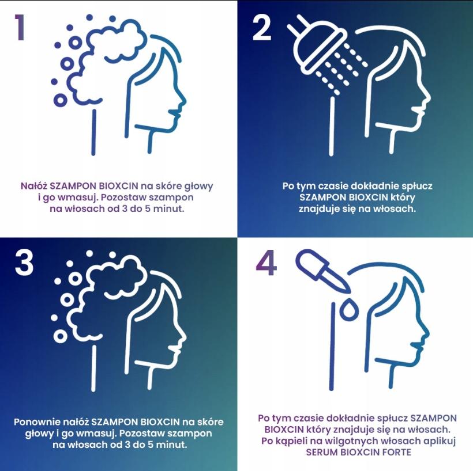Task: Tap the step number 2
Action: click(261, 28)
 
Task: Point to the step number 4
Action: click(266, 263)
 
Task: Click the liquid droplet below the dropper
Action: click(349, 309)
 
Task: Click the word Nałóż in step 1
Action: click(34, 186)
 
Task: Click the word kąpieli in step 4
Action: click(307, 441)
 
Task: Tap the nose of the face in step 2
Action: click(427, 98)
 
